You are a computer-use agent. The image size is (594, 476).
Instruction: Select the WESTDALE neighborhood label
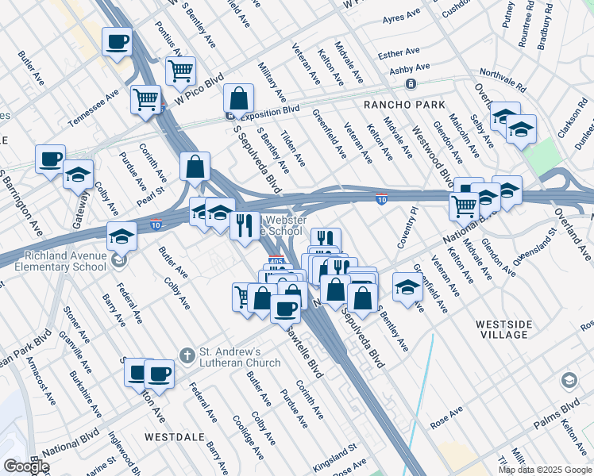pyautogui.click(x=168, y=437)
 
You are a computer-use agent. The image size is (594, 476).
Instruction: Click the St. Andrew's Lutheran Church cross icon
pyautogui.click(x=186, y=353)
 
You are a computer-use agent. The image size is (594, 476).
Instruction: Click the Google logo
pyautogui.click(x=25, y=466)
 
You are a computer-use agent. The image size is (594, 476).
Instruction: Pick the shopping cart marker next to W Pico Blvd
pyautogui.click(x=181, y=71)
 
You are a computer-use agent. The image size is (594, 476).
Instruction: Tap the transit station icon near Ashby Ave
pyautogui.click(x=411, y=84)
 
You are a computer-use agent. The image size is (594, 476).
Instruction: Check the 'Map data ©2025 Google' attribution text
pyautogui.click(x=545, y=470)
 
